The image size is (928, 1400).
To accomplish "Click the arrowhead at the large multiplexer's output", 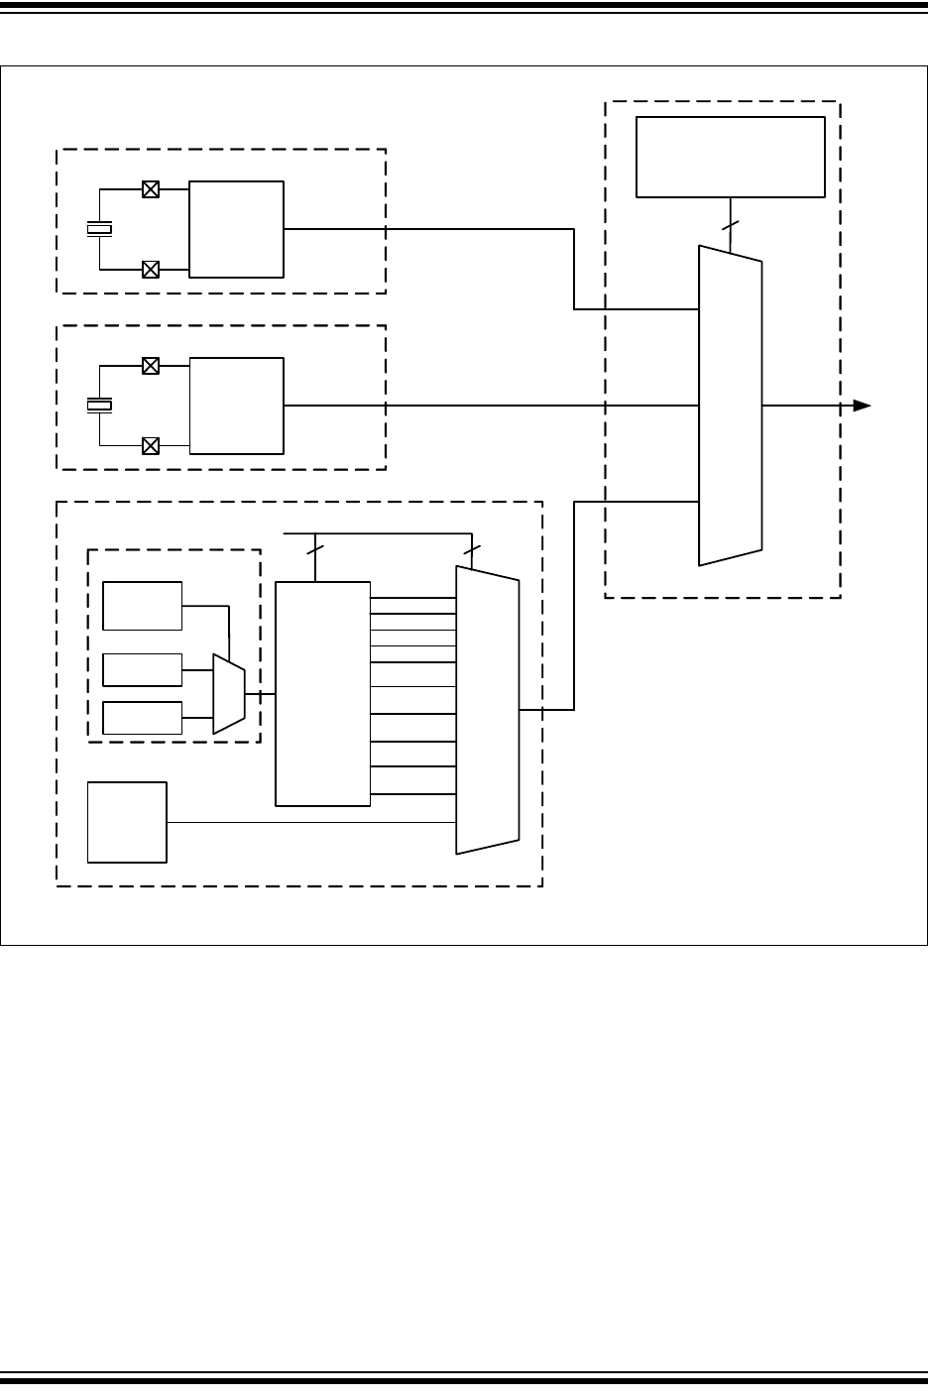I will [863, 406].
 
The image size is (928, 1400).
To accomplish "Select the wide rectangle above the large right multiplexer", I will [730, 158].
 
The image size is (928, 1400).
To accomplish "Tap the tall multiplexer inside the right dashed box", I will [731, 406].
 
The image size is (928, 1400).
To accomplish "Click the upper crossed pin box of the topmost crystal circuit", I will [151, 189].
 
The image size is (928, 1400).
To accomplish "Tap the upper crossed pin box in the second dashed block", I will [151, 366].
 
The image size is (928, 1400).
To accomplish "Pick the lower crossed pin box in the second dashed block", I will [151, 445].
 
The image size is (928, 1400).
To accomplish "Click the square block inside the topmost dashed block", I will [237, 229].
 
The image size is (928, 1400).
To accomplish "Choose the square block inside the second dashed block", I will [237, 406].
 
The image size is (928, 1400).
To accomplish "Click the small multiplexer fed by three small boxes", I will [229, 694].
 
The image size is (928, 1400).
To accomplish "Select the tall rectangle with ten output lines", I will [322, 694].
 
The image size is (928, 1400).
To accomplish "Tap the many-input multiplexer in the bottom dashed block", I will [487, 710].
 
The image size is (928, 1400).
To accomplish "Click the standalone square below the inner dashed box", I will [128, 822].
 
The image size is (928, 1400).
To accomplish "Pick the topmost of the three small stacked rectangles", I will [143, 606].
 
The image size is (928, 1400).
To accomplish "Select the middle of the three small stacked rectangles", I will [143, 669].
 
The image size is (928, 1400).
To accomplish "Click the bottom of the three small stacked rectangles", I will [143, 717].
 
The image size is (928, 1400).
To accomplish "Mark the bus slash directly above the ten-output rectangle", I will [315, 549].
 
